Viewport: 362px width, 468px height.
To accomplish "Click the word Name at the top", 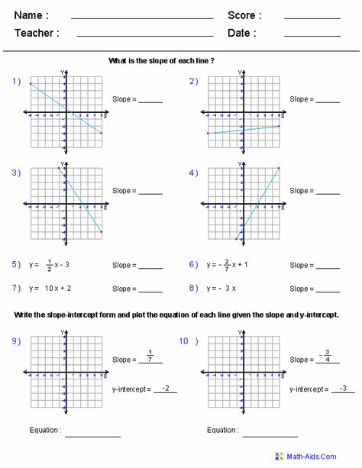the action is (x=31, y=15).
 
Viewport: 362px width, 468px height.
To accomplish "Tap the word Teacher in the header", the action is (x=37, y=34).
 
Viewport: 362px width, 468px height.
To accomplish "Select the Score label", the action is (x=244, y=15).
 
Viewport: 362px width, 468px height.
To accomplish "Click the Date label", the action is (x=242, y=34).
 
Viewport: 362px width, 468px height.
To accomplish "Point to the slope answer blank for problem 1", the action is (x=150, y=102).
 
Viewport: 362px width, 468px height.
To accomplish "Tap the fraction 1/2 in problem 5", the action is (x=49, y=265).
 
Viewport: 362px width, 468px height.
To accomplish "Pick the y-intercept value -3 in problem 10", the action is (x=343, y=388).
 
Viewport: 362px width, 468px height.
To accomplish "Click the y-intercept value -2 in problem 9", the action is (x=165, y=388).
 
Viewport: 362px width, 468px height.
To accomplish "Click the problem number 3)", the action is (x=16, y=173).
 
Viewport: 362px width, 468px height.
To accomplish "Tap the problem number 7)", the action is (x=16, y=289).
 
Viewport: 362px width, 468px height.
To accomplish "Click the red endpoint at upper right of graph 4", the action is (x=279, y=169).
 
